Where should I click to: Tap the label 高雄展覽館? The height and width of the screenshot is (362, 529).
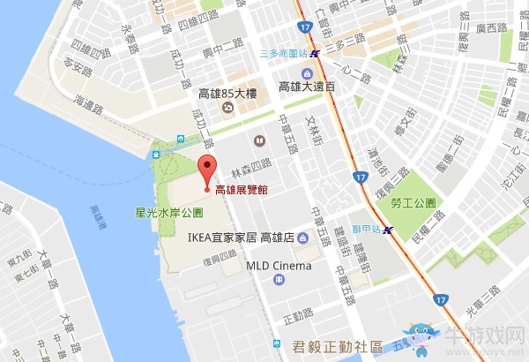[241, 190]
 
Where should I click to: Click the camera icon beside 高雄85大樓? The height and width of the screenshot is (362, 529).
[227, 109]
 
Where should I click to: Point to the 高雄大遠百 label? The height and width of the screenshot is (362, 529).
[307, 87]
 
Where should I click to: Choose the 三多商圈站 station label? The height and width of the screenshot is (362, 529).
[283, 53]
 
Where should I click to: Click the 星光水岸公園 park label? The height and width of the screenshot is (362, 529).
[168, 213]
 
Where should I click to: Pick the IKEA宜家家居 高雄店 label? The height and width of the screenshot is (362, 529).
[241, 237]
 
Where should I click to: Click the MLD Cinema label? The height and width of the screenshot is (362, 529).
[279, 265]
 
